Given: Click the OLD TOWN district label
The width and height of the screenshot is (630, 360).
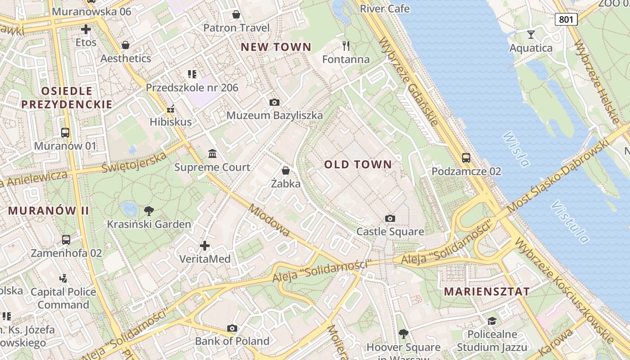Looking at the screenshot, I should coord(358,165).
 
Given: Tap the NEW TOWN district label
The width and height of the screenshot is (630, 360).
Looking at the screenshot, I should coord(276,47).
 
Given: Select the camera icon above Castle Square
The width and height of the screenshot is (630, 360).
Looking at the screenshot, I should coord(390,219).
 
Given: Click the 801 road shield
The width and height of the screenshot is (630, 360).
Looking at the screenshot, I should coord(566,19).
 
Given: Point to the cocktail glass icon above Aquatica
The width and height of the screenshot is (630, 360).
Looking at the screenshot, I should coord(531,35).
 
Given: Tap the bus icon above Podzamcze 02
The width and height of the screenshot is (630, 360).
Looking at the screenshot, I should coord(466,158).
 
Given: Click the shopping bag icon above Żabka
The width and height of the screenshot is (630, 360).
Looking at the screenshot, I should coord(285,171).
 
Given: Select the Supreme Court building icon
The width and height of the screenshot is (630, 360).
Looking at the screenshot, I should coord(212,154).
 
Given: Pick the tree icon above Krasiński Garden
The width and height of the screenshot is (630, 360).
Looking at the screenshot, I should coord(148,211).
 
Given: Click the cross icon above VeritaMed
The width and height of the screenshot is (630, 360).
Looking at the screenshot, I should coord(205,246).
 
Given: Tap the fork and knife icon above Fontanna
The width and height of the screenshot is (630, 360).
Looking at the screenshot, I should coord(346,45).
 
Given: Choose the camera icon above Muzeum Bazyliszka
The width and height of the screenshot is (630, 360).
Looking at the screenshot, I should coord(274,103).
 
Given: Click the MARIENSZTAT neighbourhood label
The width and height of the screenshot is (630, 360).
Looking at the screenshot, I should coord(487,292).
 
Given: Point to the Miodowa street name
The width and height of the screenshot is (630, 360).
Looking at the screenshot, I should coord(269,220).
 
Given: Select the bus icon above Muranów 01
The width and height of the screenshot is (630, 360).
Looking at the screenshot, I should coord(65,133).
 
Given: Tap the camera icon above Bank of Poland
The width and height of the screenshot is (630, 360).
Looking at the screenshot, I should coord(232,328).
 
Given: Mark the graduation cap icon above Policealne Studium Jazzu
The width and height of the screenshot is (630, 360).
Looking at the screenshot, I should coord(492,321).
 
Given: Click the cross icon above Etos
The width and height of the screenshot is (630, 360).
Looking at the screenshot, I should coord(86,30).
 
